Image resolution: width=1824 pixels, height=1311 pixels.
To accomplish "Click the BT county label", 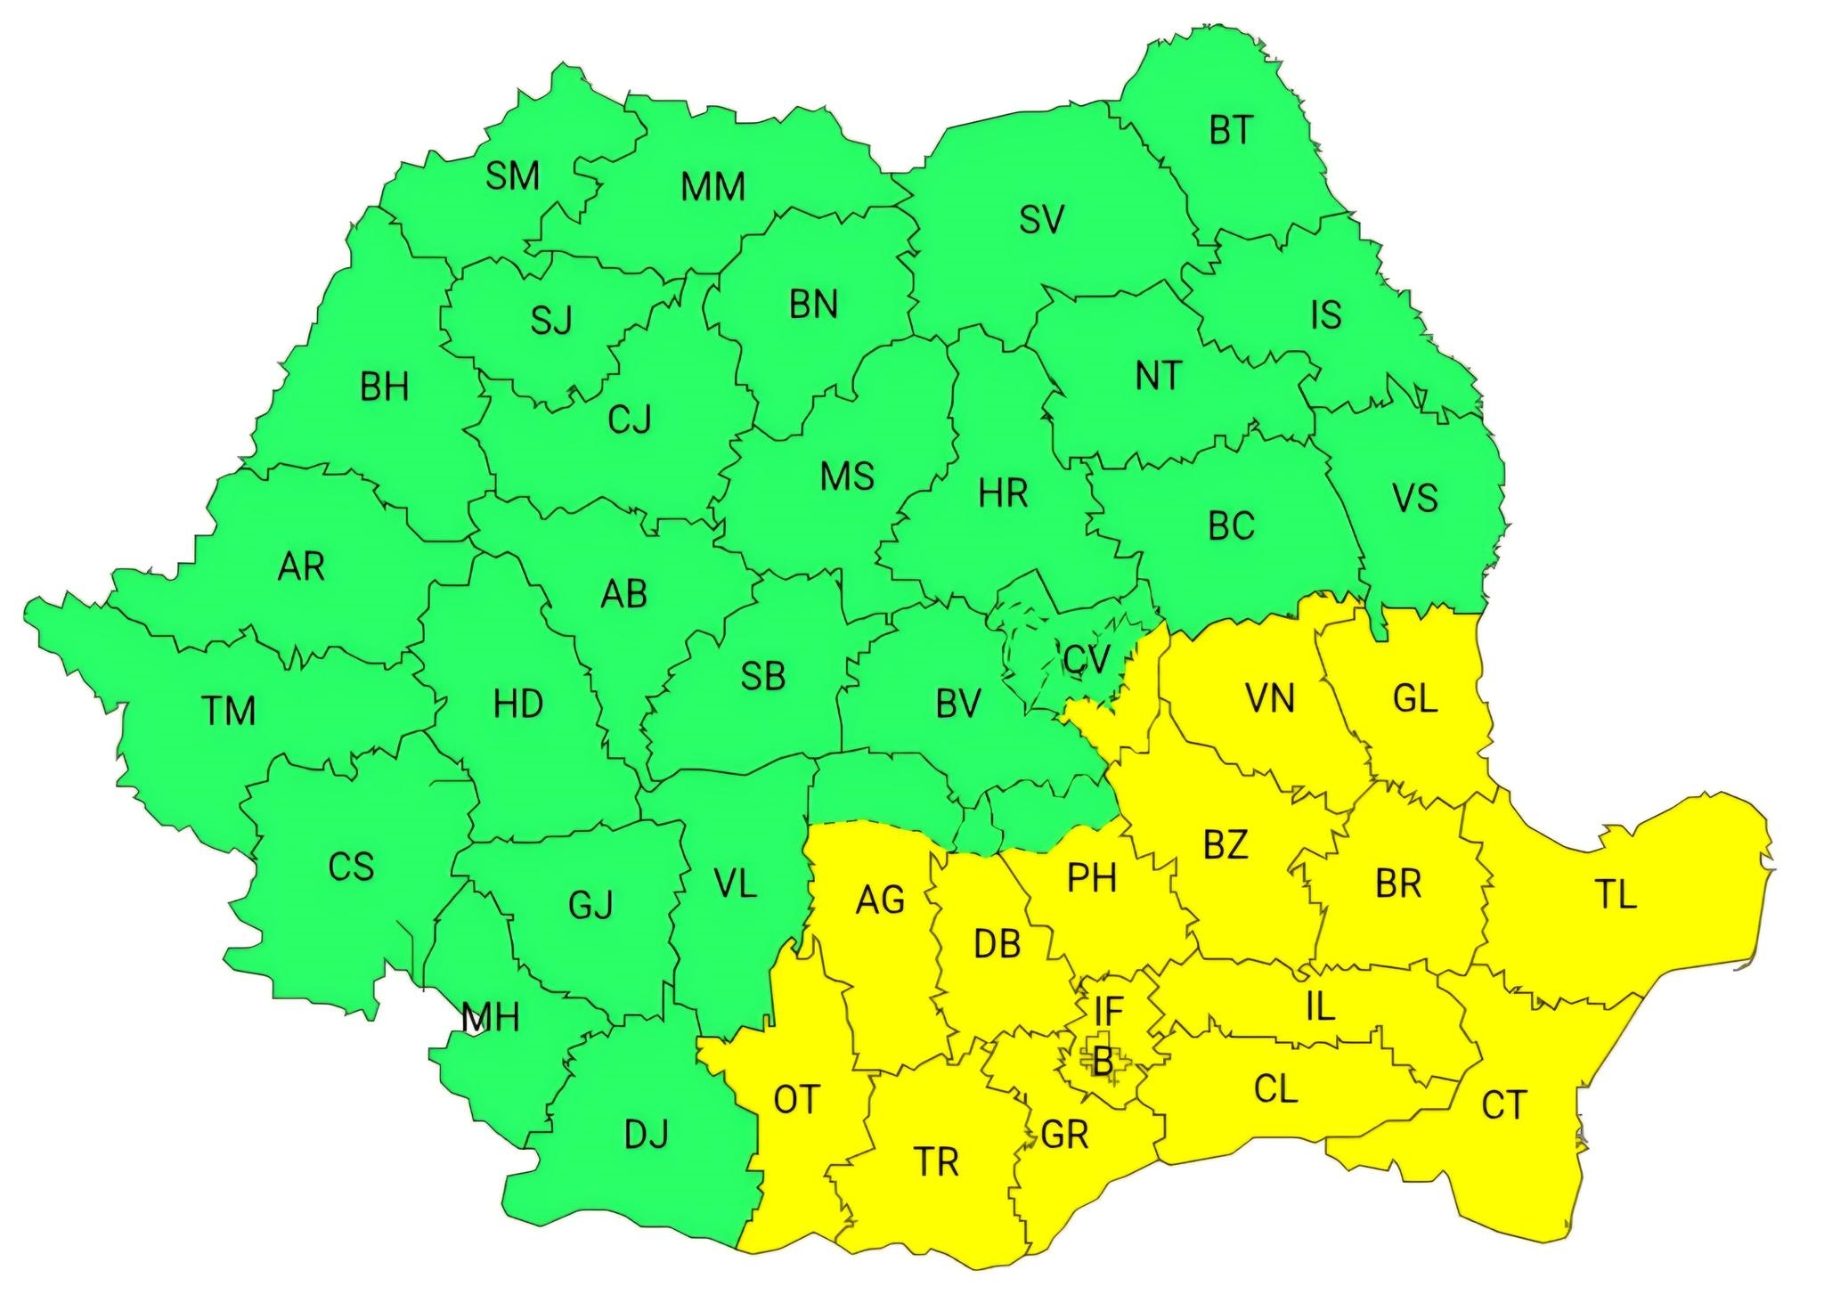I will coord(1231,132).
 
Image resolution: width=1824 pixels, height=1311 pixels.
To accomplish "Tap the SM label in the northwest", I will coord(512,176).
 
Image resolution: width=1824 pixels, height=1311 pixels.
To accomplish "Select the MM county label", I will coord(712,188).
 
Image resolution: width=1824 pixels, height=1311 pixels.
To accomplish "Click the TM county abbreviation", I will coord(229,712).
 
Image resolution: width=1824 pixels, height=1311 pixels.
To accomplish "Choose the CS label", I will coord(351,867).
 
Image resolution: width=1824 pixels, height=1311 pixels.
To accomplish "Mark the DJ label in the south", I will coord(646,1136).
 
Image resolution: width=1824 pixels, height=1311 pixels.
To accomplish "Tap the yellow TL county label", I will coord(1615,895).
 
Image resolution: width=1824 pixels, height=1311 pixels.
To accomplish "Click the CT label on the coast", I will coord(1504,1105).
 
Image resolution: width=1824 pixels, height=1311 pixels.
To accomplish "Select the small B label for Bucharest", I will coord(1103,1062).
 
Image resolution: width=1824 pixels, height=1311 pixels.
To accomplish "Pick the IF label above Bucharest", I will coord(1109,1011).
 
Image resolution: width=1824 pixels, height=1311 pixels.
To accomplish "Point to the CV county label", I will coord(1087,659).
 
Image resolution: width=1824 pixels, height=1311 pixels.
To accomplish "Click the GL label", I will coord(1414,699).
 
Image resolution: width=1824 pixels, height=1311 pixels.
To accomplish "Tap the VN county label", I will coord(1270,699).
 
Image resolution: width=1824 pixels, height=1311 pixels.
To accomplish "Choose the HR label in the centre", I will coord(1003,493).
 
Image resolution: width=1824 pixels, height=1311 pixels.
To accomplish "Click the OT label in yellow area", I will coord(795,1100).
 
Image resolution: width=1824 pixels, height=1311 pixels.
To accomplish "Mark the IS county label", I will coord(1326,315).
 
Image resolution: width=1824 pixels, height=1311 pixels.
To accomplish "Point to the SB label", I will coord(763,677).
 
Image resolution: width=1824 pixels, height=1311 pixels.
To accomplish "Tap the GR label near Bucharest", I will coord(1064,1135).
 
